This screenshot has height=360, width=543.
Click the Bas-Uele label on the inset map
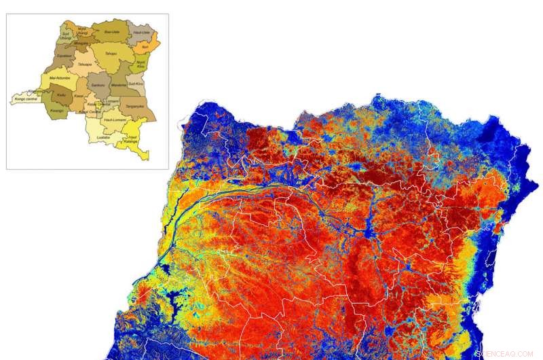pos(111,32)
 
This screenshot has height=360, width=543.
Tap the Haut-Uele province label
pos(142,32)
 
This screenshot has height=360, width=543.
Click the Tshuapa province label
pos(84,65)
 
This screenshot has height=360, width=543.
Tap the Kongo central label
pos(26,99)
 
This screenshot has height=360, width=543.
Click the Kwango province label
pos(57,110)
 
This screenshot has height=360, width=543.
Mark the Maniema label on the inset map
pos(119,84)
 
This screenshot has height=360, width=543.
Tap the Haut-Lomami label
pos(112,120)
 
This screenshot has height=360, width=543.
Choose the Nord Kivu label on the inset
pos(141,65)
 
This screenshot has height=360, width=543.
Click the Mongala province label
pos(81,42)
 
